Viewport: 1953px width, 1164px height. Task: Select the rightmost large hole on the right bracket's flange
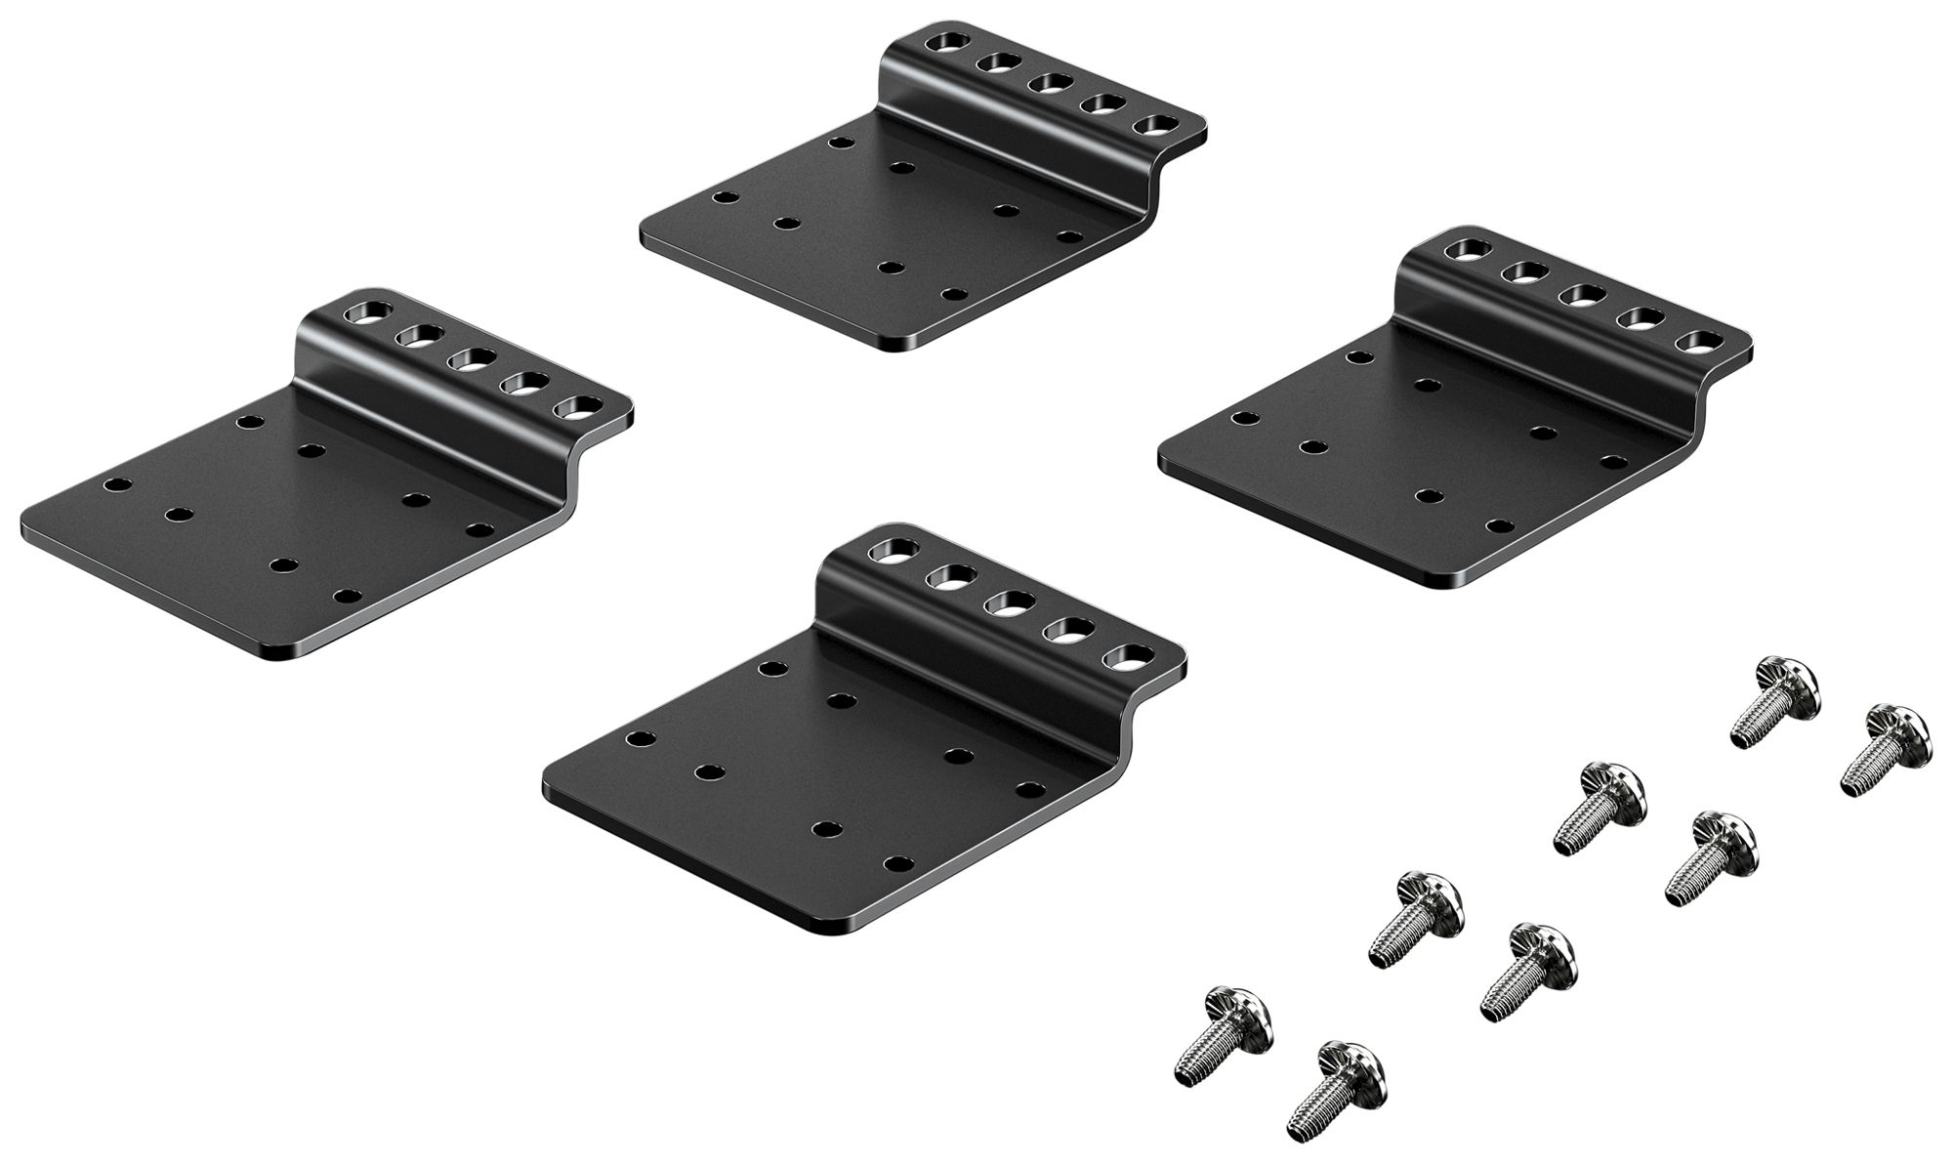coord(1698,342)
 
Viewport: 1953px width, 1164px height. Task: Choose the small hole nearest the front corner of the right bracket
coord(1497,525)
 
